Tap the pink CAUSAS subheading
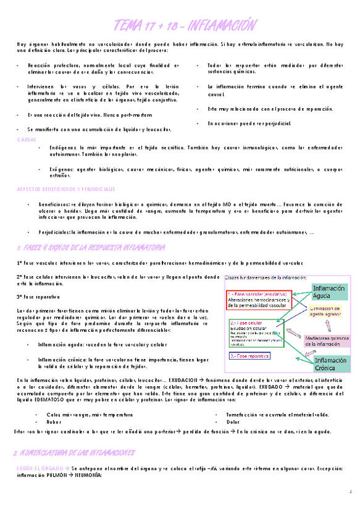27,140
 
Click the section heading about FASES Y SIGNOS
90,247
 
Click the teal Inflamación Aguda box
329,292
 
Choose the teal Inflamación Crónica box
330,365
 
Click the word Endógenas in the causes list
61,148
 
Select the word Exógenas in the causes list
59,169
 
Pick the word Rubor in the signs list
54,422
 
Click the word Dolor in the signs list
233,422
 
